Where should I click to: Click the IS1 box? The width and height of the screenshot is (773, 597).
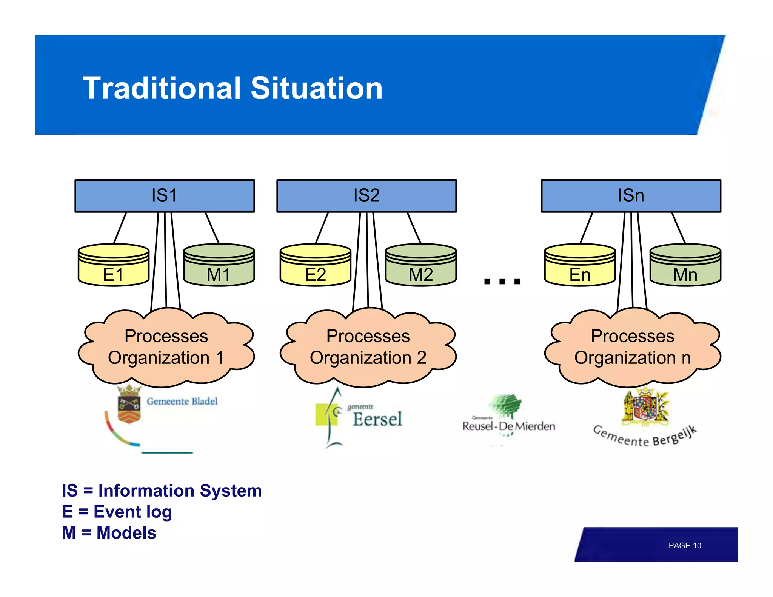click(x=165, y=196)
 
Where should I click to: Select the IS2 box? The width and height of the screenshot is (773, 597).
click(x=366, y=196)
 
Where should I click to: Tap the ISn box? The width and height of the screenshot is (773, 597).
click(x=631, y=196)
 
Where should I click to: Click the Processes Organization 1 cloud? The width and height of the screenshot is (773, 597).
click(x=166, y=347)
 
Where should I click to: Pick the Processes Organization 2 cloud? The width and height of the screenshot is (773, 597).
click(x=368, y=347)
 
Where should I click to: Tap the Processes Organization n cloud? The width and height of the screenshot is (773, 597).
click(x=633, y=347)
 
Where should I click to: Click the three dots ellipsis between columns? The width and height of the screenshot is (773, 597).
click(x=502, y=281)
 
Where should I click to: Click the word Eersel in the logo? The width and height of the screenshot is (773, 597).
click(x=377, y=419)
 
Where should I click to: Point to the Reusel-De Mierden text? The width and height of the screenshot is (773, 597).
click(x=508, y=426)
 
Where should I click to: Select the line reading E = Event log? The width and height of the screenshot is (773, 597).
click(x=117, y=512)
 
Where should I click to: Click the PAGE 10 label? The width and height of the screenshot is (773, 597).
click(x=684, y=545)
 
